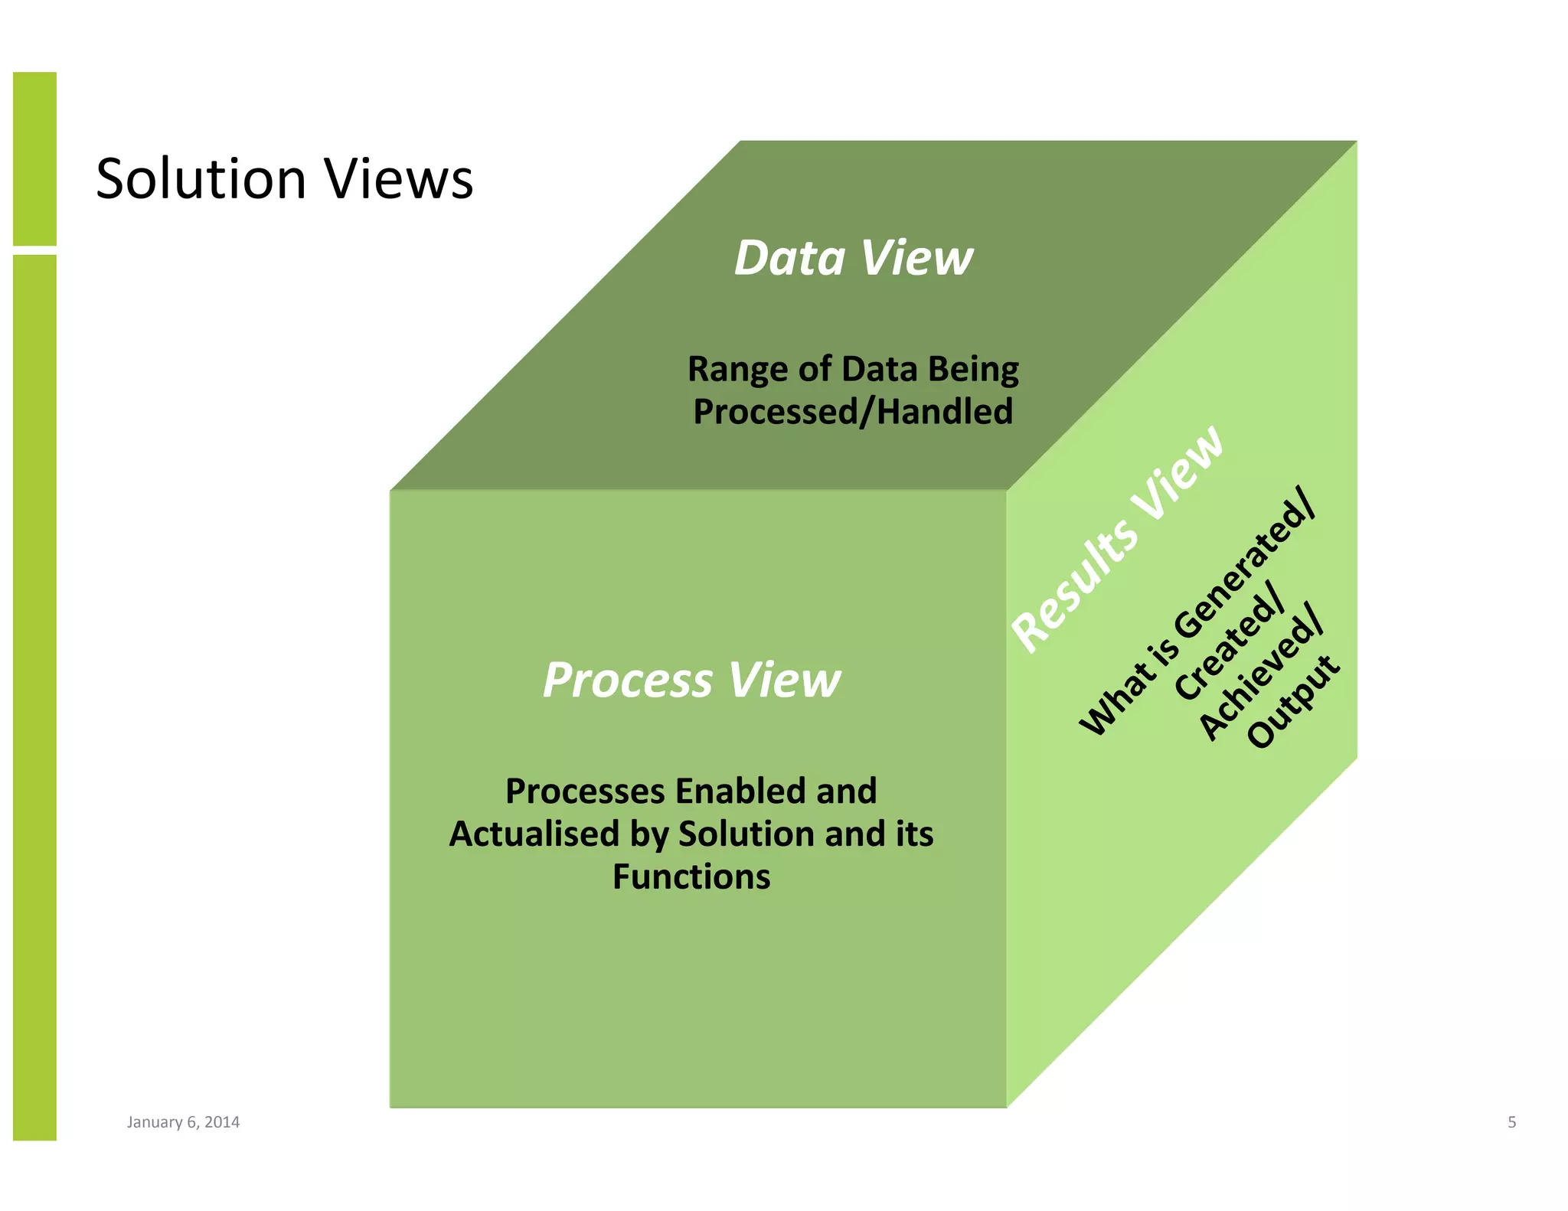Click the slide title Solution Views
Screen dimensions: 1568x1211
click(x=284, y=179)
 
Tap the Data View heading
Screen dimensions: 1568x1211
click(x=853, y=258)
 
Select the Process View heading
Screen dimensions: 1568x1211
click(x=691, y=680)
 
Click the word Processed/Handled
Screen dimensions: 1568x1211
click(x=853, y=412)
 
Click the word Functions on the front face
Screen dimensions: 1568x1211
click(x=691, y=876)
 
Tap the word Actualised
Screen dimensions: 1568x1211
click(x=533, y=834)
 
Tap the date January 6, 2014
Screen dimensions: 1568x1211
click(x=183, y=1122)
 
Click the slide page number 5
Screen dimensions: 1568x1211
click(x=1511, y=1122)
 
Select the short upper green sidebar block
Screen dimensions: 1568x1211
click(x=34, y=158)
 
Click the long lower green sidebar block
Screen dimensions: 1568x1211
click(x=34, y=697)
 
